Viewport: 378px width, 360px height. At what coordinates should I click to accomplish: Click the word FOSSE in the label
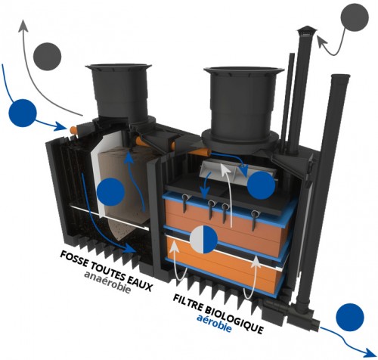pos(74,260)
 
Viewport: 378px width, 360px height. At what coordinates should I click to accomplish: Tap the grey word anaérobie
pos(107,282)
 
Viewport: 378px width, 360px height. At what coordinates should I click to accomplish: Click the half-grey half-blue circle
pos(203,239)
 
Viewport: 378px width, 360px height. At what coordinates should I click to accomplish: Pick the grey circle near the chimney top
pos(355,18)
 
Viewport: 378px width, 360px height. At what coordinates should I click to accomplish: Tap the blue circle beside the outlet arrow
pos(350,317)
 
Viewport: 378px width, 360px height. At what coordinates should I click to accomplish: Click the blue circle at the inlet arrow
pos(23,113)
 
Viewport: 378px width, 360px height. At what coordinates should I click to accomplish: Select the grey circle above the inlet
pos(47,57)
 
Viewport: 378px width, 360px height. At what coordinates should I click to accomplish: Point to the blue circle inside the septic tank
pos(111,191)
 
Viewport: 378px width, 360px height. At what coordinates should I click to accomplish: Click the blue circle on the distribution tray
pos(261,185)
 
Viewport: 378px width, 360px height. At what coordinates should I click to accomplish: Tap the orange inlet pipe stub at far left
pos(73,130)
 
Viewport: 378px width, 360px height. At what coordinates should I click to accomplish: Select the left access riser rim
pos(118,67)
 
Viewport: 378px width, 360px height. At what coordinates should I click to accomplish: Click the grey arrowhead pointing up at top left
pos(23,25)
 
